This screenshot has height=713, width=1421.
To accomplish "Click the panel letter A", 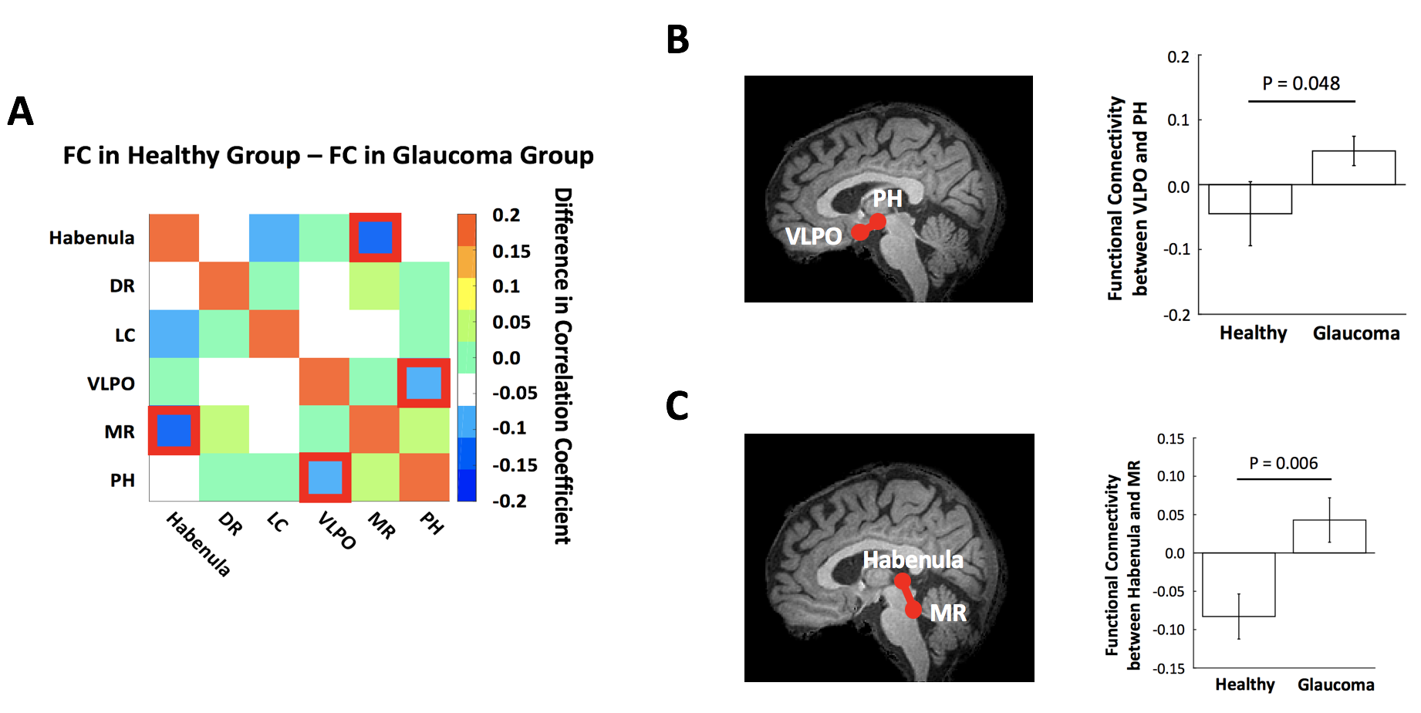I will [x=21, y=111].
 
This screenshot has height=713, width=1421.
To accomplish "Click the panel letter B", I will [x=677, y=40].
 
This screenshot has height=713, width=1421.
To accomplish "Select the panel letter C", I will [x=677, y=406].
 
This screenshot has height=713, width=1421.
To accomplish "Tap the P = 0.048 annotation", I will [x=1301, y=83].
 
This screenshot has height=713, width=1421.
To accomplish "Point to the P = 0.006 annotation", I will [x=1284, y=463].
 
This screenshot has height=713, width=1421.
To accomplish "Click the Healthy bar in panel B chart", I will [x=1250, y=199].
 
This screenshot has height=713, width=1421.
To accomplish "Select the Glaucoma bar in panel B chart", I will [x=1353, y=167].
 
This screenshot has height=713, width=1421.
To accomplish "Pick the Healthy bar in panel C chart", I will [x=1238, y=584].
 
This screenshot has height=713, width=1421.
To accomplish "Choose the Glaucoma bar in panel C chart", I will [x=1329, y=536].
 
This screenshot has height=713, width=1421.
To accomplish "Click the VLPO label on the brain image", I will [x=813, y=236].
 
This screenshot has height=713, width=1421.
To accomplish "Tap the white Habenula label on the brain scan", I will [x=913, y=559].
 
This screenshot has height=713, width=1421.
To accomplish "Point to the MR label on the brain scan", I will [x=948, y=613].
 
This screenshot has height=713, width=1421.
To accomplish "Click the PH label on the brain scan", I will [x=887, y=199].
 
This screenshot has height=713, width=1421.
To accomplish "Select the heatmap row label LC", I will [x=125, y=336].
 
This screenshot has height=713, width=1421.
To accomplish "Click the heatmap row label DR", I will [x=122, y=286].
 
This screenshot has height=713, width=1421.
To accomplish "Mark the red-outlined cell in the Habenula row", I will [x=375, y=238].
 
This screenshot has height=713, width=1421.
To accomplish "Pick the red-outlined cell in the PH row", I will [x=325, y=478].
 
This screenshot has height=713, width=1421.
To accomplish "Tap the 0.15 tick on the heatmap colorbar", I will [x=511, y=252].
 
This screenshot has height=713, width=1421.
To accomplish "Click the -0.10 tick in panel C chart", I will [x=1169, y=630].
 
